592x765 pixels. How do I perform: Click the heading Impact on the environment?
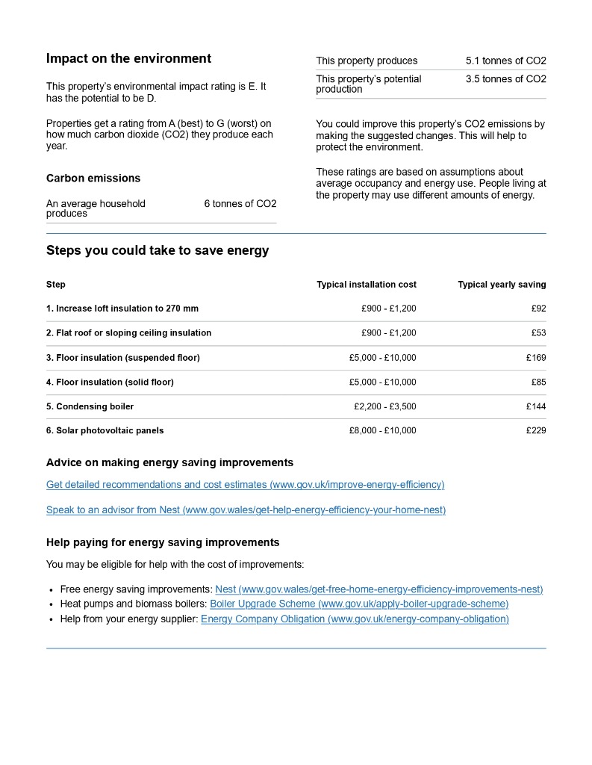point(128,59)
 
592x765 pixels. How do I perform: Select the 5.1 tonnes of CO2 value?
point(505,61)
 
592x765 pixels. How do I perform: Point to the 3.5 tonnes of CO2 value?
point(505,79)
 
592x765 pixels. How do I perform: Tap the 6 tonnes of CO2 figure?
point(240,204)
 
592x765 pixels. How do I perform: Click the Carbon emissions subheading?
point(93,179)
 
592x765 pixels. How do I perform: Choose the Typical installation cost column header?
point(367,285)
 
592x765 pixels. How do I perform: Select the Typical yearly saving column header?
point(502,285)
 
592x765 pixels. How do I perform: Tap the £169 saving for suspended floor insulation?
point(536,358)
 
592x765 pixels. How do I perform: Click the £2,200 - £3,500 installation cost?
point(385,406)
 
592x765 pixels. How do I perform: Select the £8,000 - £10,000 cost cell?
point(382,431)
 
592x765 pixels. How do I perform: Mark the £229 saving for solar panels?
point(536,431)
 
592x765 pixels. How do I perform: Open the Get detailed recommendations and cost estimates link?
point(245,485)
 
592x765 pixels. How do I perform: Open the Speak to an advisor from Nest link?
point(246,510)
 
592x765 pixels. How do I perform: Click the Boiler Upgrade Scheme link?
point(359,604)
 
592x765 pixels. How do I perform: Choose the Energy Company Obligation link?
point(355,619)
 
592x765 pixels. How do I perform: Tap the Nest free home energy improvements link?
point(378,589)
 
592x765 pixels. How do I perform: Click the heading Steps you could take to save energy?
point(158,251)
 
